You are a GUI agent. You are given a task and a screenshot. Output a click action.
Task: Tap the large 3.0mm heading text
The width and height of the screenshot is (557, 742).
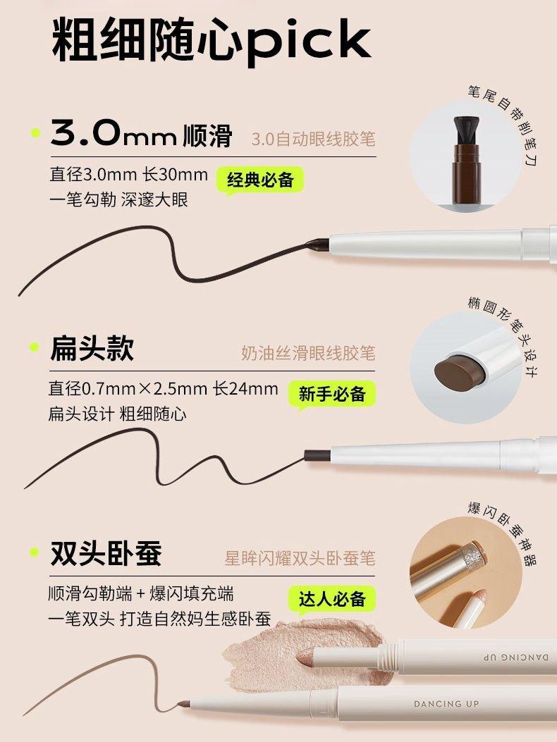coord(113,134)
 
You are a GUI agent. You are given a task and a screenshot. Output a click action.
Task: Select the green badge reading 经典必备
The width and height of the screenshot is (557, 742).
coord(260,180)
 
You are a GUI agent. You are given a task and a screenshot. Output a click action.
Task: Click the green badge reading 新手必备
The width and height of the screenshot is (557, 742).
coord(332,394)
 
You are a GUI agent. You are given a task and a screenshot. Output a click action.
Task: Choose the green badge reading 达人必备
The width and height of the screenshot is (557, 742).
coord(332,599)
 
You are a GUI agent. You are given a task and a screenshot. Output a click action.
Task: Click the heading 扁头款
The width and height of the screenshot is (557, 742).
coord(92,349)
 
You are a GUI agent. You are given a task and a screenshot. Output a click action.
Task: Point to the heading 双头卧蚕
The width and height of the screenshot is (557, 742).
coord(106,554)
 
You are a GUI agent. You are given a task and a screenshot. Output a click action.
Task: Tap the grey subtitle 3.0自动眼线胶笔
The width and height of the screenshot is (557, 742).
coord(313,138)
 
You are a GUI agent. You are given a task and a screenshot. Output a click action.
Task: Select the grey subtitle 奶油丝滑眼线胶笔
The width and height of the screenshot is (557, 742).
coord(308,352)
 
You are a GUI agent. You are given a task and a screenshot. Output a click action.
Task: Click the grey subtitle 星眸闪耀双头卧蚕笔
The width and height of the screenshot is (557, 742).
coord(300,559)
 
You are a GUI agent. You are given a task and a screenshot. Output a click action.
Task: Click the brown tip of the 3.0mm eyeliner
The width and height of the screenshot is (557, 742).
coord(318,245)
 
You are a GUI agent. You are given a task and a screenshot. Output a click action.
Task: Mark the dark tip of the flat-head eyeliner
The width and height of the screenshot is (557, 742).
coord(314,455)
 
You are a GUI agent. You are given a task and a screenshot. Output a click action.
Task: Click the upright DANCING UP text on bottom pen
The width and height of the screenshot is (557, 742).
coord(446,703)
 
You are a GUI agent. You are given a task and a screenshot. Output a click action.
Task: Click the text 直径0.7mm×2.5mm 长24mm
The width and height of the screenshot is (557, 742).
coord(163,389)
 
